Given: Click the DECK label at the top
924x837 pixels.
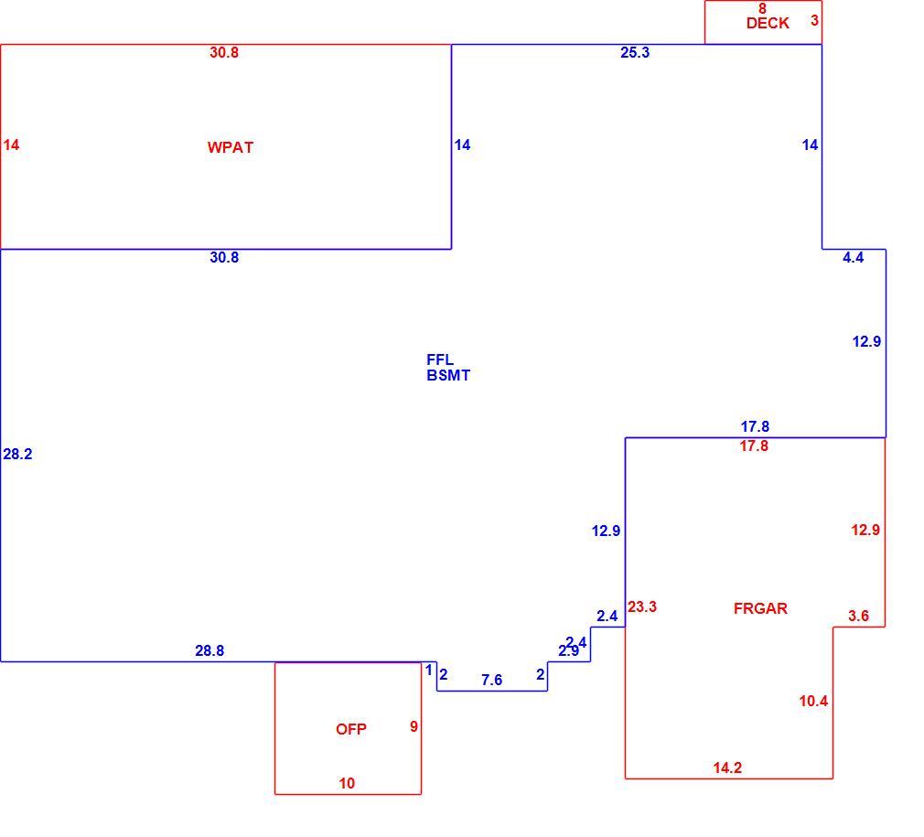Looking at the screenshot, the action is (x=768, y=23).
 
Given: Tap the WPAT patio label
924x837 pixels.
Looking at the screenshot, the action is (x=231, y=147).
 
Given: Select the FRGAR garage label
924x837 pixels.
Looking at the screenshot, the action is (x=760, y=608).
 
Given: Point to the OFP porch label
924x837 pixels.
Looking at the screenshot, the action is (x=351, y=729).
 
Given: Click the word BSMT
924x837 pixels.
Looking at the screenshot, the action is (x=448, y=375).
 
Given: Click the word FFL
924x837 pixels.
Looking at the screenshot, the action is (x=440, y=359).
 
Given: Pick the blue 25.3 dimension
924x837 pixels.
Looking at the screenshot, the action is (x=635, y=52).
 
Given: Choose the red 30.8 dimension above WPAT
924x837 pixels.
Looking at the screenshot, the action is (x=224, y=52).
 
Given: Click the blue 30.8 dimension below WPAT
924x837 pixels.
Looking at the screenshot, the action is (x=224, y=257).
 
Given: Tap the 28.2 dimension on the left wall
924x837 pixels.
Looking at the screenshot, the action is (x=17, y=454).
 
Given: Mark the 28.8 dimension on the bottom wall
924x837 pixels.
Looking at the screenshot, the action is (x=210, y=651).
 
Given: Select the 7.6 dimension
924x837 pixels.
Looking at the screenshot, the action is (x=491, y=681).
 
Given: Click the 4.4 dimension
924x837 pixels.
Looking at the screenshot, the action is (x=853, y=257).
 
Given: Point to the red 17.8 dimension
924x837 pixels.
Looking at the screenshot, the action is (x=754, y=445).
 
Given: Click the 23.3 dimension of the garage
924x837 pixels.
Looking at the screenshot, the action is (x=641, y=606).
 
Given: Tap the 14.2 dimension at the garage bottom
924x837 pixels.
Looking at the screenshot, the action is (x=727, y=767).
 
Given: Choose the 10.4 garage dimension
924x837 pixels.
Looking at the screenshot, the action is (x=813, y=701).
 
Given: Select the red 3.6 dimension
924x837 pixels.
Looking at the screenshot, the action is (x=858, y=617).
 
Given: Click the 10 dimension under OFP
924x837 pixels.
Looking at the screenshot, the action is (x=347, y=783).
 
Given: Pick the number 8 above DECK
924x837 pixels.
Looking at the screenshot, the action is (x=762, y=8).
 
